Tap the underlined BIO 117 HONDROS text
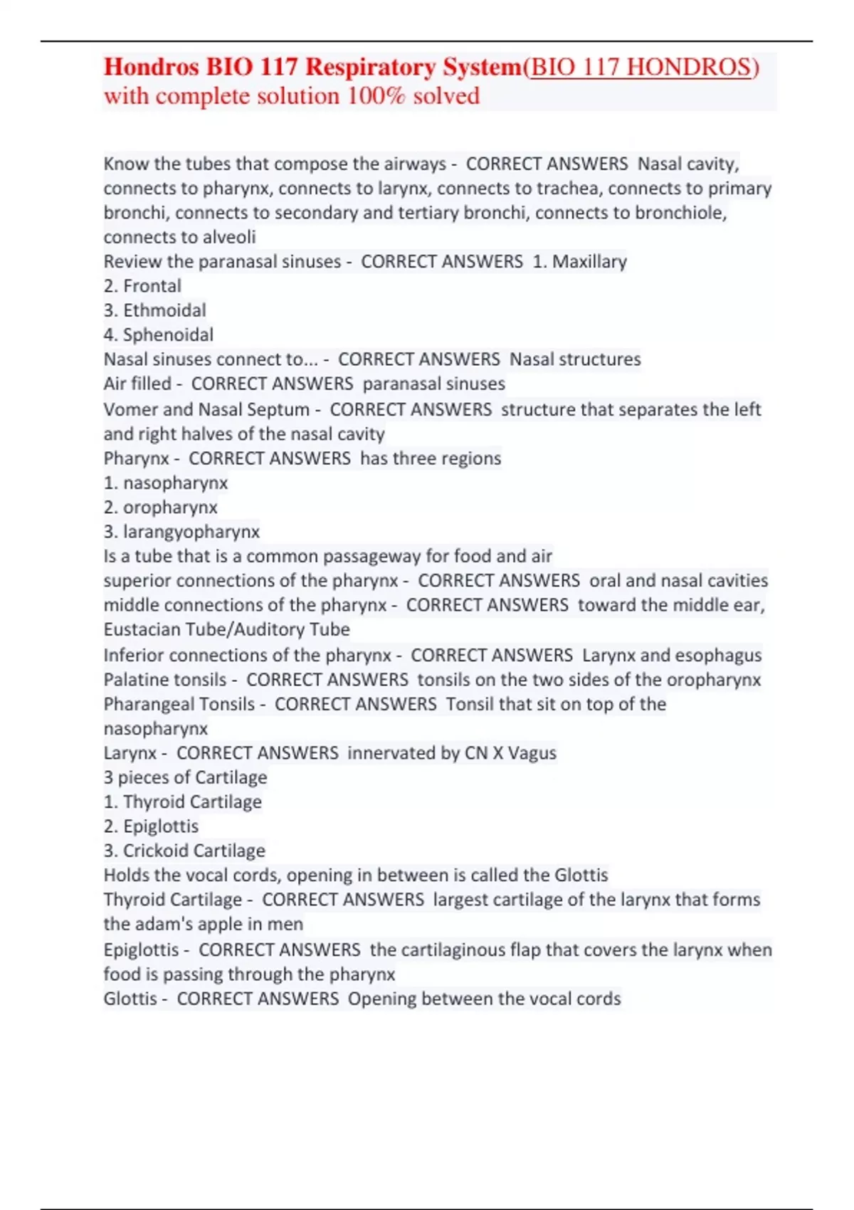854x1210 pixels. pos(640,67)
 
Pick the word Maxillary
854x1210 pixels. pos(589,262)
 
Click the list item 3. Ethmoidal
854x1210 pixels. pos(155,310)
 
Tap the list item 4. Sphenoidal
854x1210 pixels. pos(159,335)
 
